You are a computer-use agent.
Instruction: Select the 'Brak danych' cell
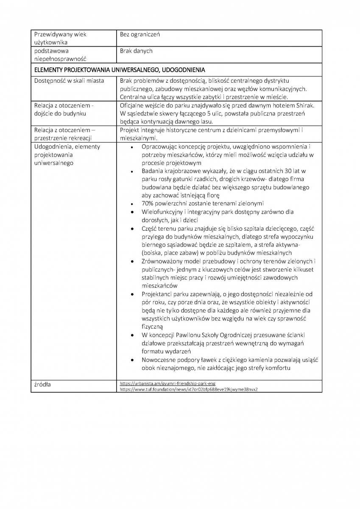(136, 51)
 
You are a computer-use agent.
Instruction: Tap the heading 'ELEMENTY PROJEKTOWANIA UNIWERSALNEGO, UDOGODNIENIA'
(120, 70)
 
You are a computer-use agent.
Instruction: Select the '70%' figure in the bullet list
(148, 203)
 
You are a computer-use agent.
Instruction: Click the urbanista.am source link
(168, 383)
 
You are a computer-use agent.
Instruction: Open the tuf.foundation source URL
(189, 389)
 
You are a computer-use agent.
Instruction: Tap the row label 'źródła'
(44, 384)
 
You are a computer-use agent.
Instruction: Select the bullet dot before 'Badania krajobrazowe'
(133, 171)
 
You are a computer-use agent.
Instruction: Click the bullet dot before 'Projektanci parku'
(133, 294)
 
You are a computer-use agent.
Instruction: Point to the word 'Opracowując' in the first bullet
(160, 146)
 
